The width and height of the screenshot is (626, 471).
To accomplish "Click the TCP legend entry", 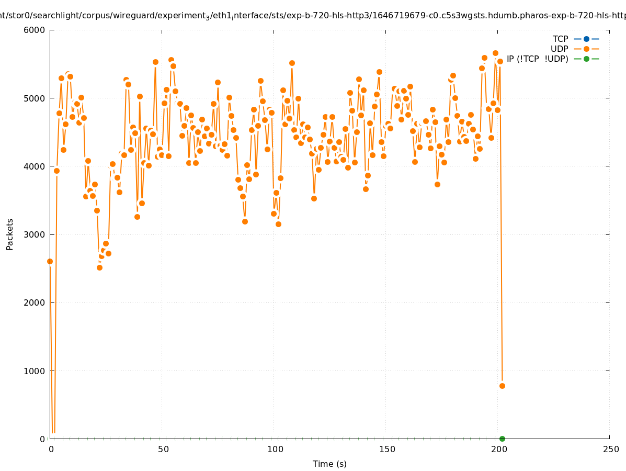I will coord(561,39).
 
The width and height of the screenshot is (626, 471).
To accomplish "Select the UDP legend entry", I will coord(560,49).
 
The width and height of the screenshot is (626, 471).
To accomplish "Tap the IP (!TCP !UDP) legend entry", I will coord(537,59).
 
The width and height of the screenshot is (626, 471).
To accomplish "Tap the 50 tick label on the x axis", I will coord(163,449).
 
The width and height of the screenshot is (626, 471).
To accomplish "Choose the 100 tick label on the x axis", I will coord(275,449).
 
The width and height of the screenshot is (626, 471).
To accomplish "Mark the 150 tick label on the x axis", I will coord(387,449).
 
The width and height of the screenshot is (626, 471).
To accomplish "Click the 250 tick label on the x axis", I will coord(610,449).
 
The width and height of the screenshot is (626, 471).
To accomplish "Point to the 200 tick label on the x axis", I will coord(499,449).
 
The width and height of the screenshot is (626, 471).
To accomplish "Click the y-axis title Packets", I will coord(10,234).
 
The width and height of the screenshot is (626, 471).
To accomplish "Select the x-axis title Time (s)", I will coord(329,464).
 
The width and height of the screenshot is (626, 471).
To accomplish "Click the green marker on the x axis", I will coord(502,439).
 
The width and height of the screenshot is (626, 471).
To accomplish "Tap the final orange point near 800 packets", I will coord(502,386).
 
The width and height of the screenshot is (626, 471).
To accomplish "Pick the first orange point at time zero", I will coord(50,261).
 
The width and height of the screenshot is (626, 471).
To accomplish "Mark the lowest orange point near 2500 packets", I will coord(99,267).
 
